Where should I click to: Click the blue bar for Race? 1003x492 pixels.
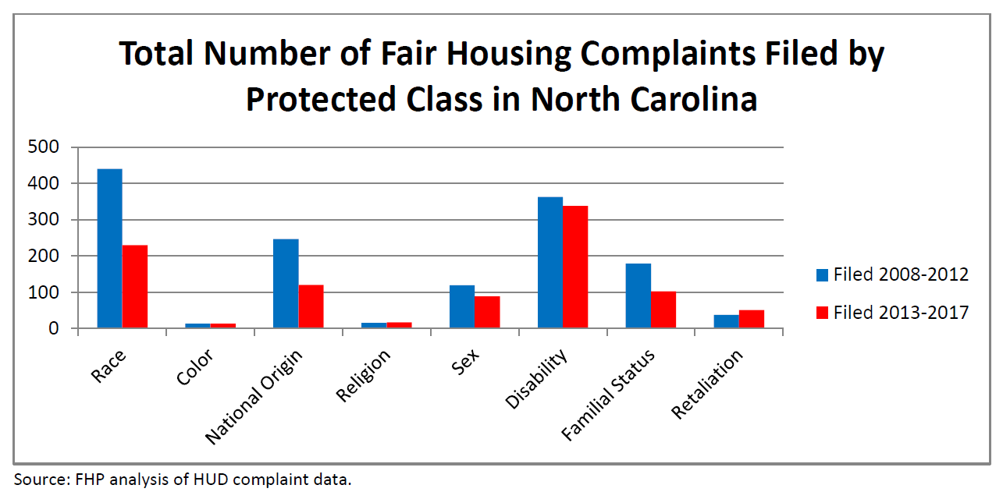(x=109, y=249)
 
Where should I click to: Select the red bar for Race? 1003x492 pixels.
(x=135, y=287)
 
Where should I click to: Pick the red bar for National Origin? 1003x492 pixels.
(x=311, y=306)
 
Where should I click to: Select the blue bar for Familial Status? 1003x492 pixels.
(x=638, y=296)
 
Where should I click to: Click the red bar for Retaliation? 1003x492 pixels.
(x=752, y=319)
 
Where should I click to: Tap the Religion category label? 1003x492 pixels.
(x=364, y=376)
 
